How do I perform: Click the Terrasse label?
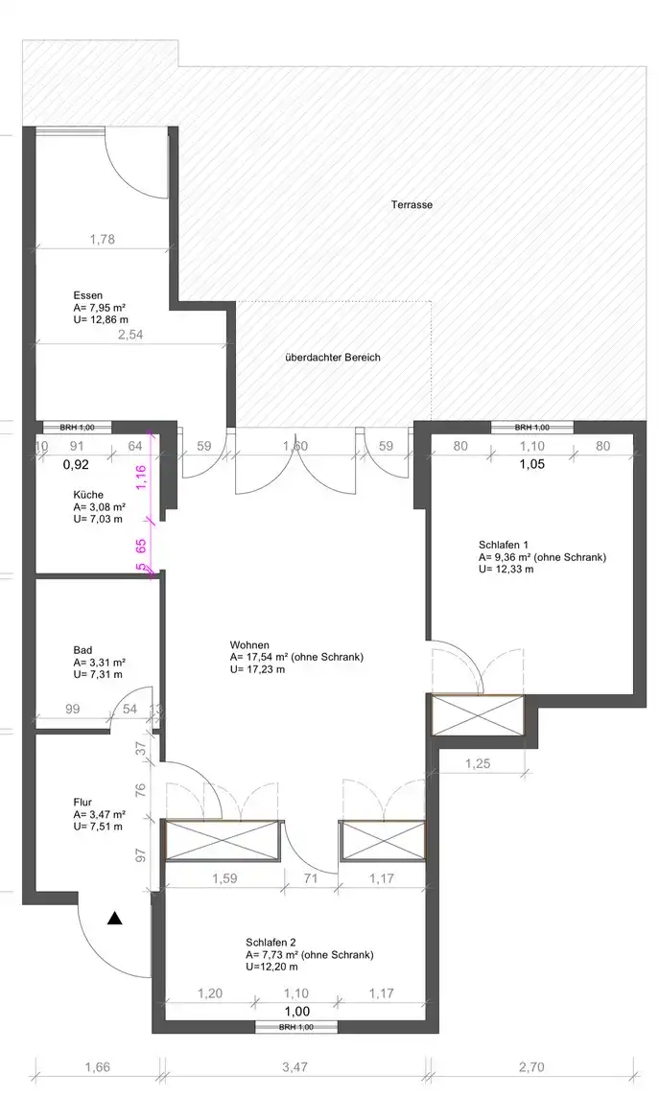pyautogui.click(x=412, y=205)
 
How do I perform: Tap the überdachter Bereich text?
pyautogui.click(x=333, y=358)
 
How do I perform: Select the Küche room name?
pyautogui.click(x=88, y=495)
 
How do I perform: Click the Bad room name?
pyautogui.click(x=82, y=650)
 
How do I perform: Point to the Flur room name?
pyautogui.click(x=82, y=803)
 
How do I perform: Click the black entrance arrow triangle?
pyautogui.click(x=115, y=919)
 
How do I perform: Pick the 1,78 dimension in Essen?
pyautogui.click(x=102, y=240)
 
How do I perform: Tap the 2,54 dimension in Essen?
pyautogui.click(x=130, y=335)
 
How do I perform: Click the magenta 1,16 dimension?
pyautogui.click(x=141, y=478)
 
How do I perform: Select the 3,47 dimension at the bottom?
pyautogui.click(x=295, y=1067)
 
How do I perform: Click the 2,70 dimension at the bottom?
pyautogui.click(x=531, y=1067)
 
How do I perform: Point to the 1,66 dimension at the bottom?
pyautogui.click(x=97, y=1067)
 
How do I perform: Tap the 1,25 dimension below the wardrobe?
pyautogui.click(x=478, y=764)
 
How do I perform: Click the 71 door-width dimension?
pyautogui.click(x=312, y=878)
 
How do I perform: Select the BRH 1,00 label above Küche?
pyautogui.click(x=77, y=428)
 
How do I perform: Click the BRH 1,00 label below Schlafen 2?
pyautogui.click(x=295, y=1027)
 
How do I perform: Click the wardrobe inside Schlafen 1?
pyautogui.click(x=478, y=715)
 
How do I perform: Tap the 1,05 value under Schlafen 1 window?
pyautogui.click(x=531, y=464)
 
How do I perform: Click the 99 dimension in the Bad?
pyautogui.click(x=72, y=710)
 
